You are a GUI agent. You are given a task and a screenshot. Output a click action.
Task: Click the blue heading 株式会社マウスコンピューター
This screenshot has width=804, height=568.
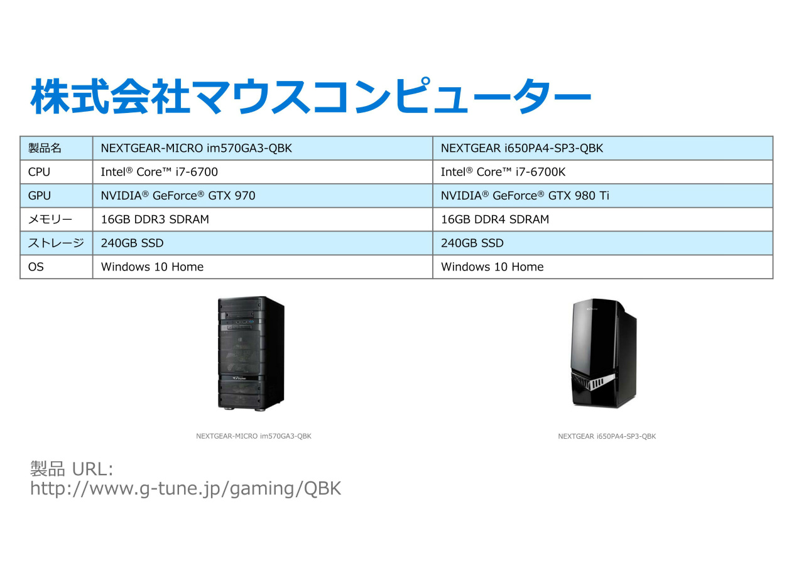point(310,96)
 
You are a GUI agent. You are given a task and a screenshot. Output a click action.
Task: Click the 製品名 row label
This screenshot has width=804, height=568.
point(45,148)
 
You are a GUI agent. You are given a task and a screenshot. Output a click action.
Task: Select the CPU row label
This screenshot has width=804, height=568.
point(39,172)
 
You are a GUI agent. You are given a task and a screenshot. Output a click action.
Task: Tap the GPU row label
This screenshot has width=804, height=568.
point(39,196)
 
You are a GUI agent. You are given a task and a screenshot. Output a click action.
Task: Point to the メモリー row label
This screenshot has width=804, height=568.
point(50,220)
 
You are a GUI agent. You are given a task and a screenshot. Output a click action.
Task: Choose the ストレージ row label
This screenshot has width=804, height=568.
point(55,243)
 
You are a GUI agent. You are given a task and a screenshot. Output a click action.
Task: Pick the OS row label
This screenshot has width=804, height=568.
point(36,267)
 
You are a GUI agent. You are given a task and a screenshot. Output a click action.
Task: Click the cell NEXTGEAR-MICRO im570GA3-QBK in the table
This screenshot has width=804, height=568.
point(196,148)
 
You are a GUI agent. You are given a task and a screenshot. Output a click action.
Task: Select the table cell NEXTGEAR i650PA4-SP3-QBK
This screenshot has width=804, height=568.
point(521,148)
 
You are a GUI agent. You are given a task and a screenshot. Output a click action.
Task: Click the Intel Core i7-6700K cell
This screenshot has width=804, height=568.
point(503,172)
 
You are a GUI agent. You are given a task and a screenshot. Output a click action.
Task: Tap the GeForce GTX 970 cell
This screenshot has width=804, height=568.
point(178,196)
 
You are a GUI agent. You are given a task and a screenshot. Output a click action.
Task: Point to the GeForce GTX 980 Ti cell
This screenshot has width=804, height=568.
point(524,196)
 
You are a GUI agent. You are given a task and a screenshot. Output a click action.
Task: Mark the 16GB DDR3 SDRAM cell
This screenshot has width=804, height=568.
point(155,220)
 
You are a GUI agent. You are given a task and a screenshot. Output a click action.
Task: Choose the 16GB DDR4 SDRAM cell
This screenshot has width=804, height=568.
point(494,220)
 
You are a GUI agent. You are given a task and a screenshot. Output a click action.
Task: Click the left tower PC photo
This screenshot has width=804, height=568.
point(251,353)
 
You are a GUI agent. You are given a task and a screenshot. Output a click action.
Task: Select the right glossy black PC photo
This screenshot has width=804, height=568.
point(604,353)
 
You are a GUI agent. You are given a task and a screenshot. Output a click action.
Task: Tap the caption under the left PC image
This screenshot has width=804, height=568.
point(253,436)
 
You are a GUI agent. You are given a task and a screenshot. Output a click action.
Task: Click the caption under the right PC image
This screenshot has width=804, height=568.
point(606,436)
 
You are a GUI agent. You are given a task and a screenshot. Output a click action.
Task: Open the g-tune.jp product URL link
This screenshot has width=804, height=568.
point(185,489)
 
